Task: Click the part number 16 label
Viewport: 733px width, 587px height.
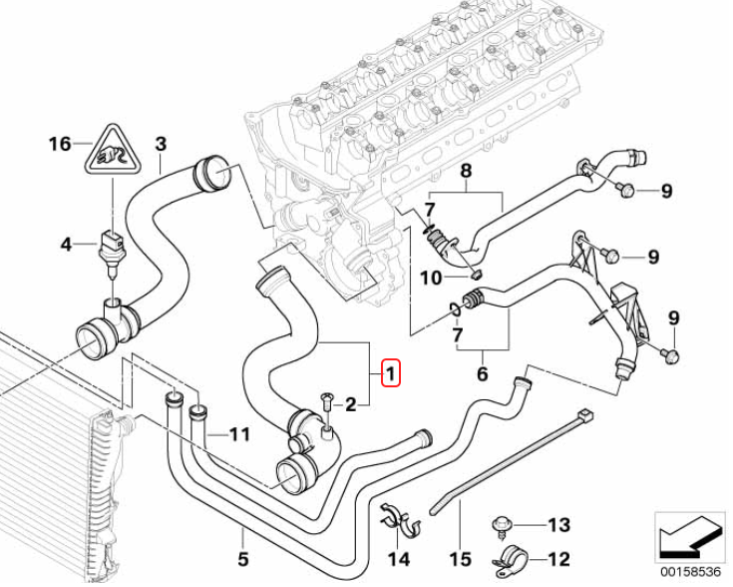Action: click(59, 145)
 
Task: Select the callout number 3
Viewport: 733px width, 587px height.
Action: click(161, 144)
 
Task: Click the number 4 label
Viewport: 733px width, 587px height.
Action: click(66, 244)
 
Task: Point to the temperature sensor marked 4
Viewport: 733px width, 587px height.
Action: click(110, 243)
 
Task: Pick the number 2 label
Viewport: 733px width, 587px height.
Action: click(350, 404)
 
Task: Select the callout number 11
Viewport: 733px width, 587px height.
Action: click(238, 434)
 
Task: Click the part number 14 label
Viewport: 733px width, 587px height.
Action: click(399, 559)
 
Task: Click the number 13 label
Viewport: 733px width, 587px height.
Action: click(558, 525)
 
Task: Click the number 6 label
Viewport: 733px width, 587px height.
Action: click(483, 374)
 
